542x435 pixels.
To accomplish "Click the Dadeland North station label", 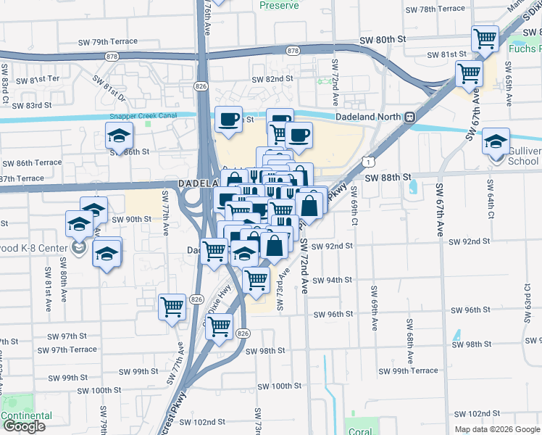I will pos(368,117).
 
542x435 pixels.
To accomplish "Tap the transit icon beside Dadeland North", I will pos(410,117).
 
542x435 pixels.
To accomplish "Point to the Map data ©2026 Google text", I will pos(497,429).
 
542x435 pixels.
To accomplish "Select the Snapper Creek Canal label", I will pos(143,116).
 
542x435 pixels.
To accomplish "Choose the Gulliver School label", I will pos(524,156).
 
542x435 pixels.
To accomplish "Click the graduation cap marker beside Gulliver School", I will pos(496,141).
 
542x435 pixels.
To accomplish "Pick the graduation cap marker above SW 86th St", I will pos(120,135).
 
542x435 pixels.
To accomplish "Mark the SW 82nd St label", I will pos(272,79).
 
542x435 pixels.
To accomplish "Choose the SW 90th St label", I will pos(131,219).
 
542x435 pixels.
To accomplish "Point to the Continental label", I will pos(27,415).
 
